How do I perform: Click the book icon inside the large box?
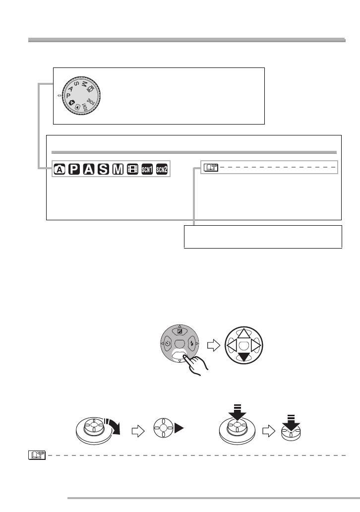point(208,168)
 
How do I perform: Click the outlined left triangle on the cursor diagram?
point(231,344)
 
